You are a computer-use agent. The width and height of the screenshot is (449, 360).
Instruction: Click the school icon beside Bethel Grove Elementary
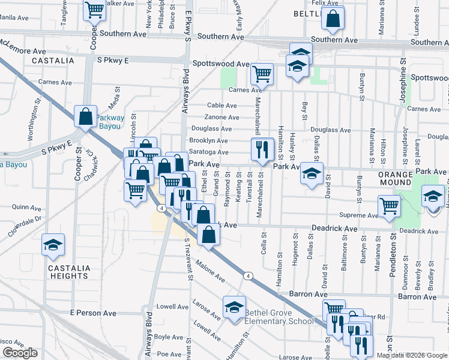coord(234,308)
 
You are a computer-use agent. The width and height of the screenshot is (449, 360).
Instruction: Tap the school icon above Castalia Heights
coord(53,245)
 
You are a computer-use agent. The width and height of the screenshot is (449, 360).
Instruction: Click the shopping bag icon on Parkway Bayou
coord(86,116)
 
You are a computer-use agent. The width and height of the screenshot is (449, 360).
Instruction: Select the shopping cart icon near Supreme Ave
coord(390,206)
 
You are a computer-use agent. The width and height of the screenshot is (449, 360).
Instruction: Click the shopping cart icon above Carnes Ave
coord(262,74)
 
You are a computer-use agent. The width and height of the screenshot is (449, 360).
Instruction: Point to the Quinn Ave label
coord(25,206)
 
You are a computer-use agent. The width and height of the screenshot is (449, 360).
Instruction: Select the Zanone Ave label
coord(221,117)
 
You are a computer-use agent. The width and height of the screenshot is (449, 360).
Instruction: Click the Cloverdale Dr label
coord(25,227)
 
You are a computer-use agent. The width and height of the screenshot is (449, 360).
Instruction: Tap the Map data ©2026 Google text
coord(411,355)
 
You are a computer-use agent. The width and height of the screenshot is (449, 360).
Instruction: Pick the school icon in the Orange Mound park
coord(433,197)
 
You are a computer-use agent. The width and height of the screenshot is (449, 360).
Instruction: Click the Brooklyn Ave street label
coord(208,140)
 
